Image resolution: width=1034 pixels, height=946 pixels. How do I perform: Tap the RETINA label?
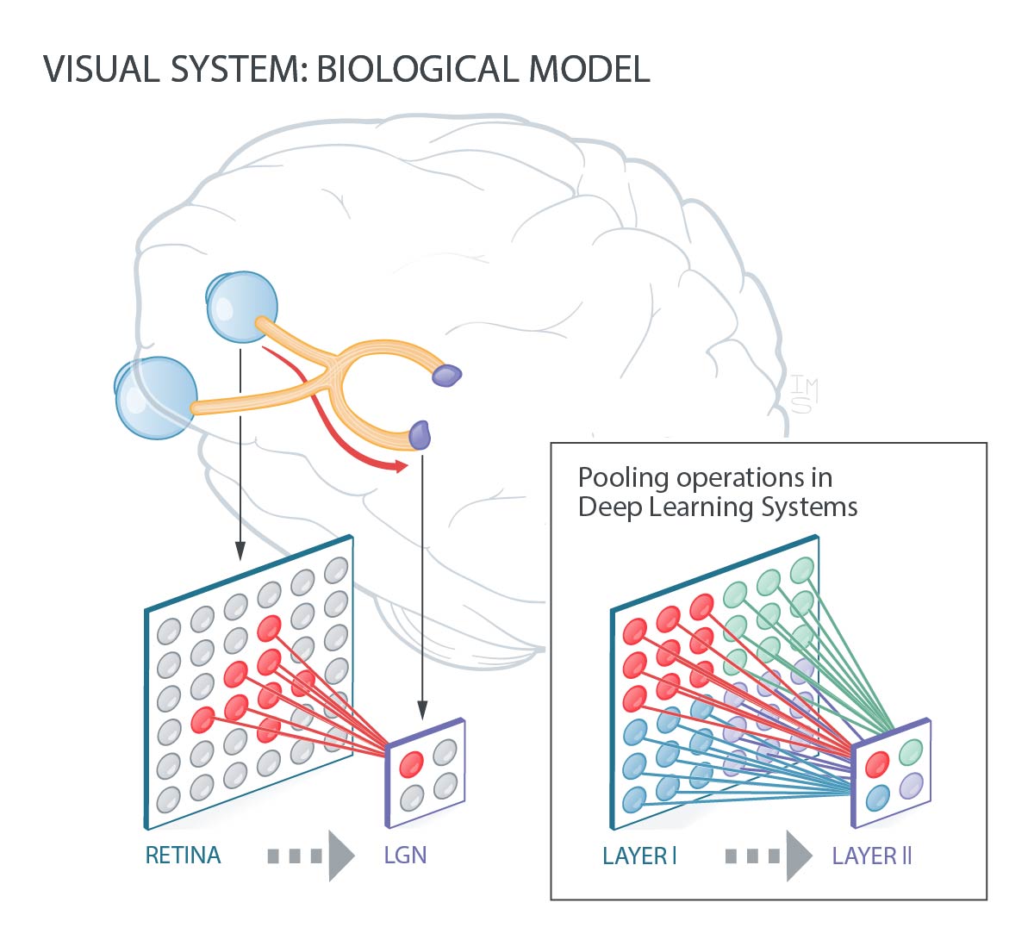pyautogui.click(x=183, y=856)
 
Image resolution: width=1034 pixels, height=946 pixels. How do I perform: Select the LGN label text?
pyautogui.click(x=405, y=856)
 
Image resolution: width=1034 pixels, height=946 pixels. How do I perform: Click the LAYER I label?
pyautogui.click(x=639, y=856)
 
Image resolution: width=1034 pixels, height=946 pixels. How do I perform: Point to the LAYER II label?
pyautogui.click(x=872, y=856)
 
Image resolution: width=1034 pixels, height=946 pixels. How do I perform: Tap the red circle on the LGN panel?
pyautogui.click(x=411, y=763)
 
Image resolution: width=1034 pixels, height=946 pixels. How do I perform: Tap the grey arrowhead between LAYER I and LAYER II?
pyautogui.click(x=799, y=856)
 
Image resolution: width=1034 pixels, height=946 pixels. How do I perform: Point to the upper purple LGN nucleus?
pyautogui.click(x=447, y=375)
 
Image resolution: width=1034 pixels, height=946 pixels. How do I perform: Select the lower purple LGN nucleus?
pyautogui.click(x=420, y=434)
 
